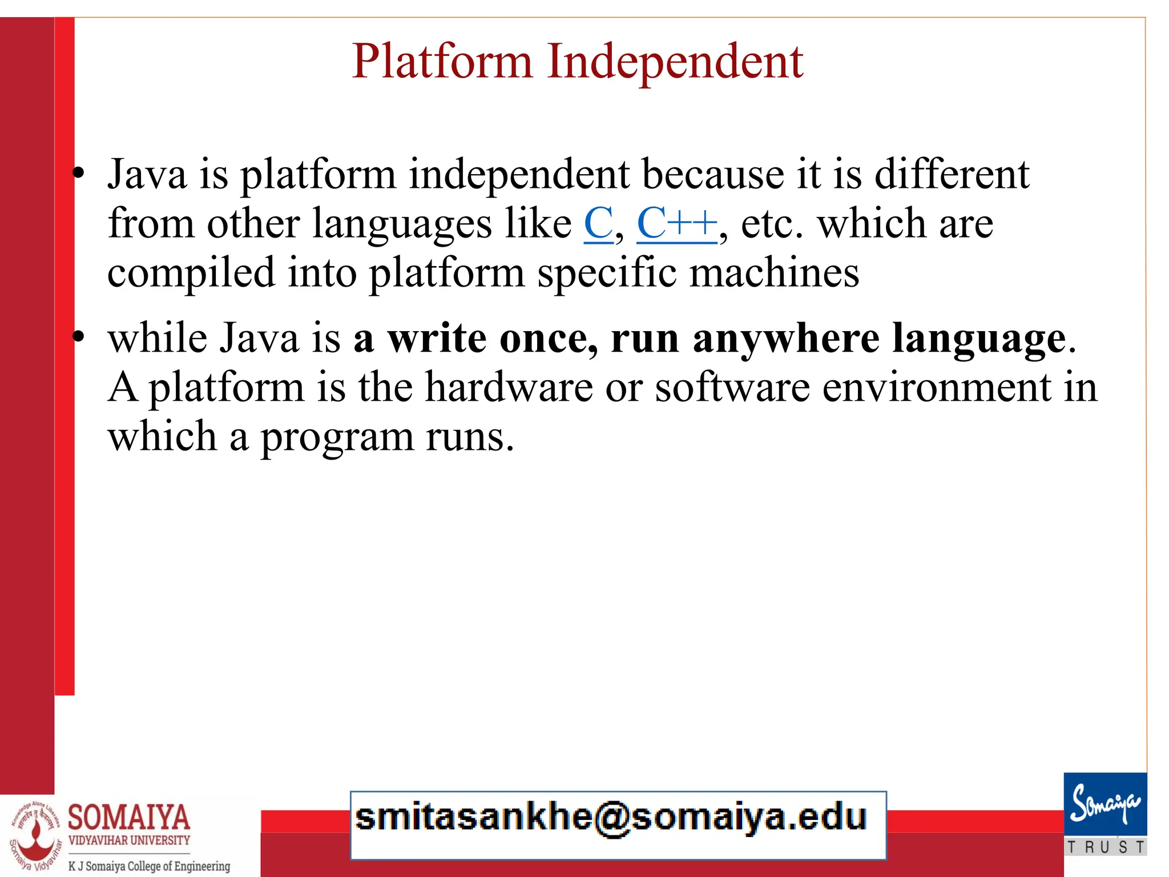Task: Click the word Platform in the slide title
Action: [x=442, y=62]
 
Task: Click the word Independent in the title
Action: [x=675, y=62]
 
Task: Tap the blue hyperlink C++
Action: [x=676, y=224]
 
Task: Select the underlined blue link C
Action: [x=598, y=224]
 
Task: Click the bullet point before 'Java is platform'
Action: [x=79, y=174]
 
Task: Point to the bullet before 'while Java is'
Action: [x=79, y=337]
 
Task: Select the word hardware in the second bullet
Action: [x=509, y=388]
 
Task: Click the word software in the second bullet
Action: [x=732, y=388]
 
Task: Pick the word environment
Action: [x=937, y=388]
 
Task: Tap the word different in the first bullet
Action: [x=952, y=174]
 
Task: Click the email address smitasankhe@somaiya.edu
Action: [x=611, y=818]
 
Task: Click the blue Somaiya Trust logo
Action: [x=1105, y=806]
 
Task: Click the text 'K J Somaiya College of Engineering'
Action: [x=149, y=866]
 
